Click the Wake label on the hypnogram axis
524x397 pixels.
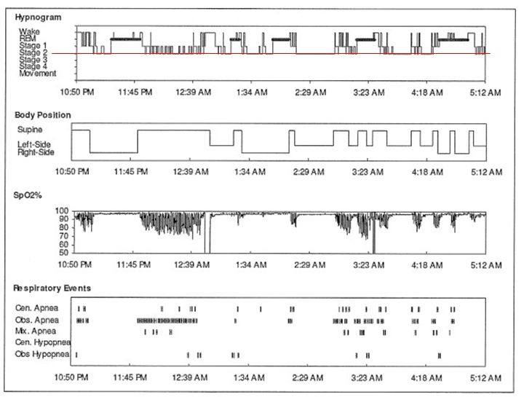point(31,33)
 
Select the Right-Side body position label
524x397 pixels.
point(36,152)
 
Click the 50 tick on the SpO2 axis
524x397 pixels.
point(64,252)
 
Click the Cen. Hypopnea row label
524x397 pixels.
point(42,342)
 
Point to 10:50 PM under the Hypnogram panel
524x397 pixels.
point(78,93)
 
